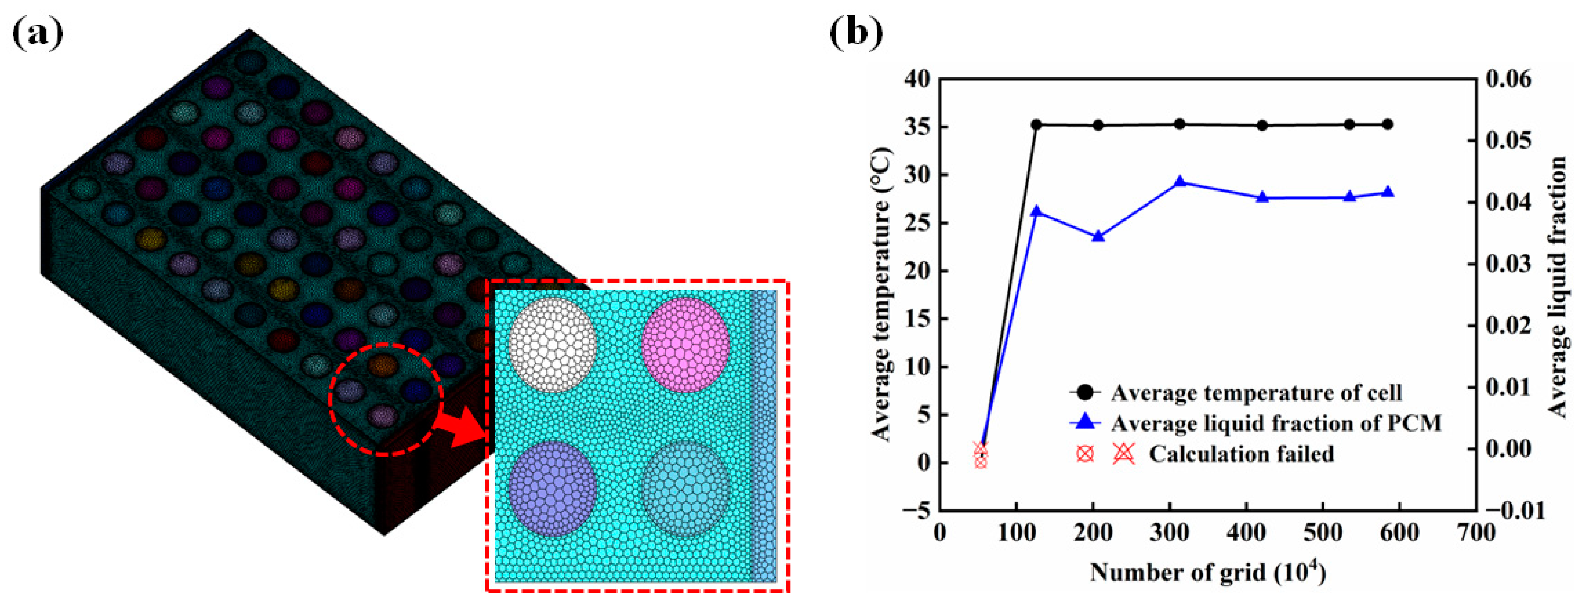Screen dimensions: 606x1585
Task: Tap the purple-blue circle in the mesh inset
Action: pos(552,488)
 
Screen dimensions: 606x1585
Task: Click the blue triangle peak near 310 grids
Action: pos(1179,182)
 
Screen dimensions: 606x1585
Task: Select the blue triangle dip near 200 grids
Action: pos(1098,236)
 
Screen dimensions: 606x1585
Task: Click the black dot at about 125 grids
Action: pos(1036,125)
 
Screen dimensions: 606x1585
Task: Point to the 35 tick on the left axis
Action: pos(917,127)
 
